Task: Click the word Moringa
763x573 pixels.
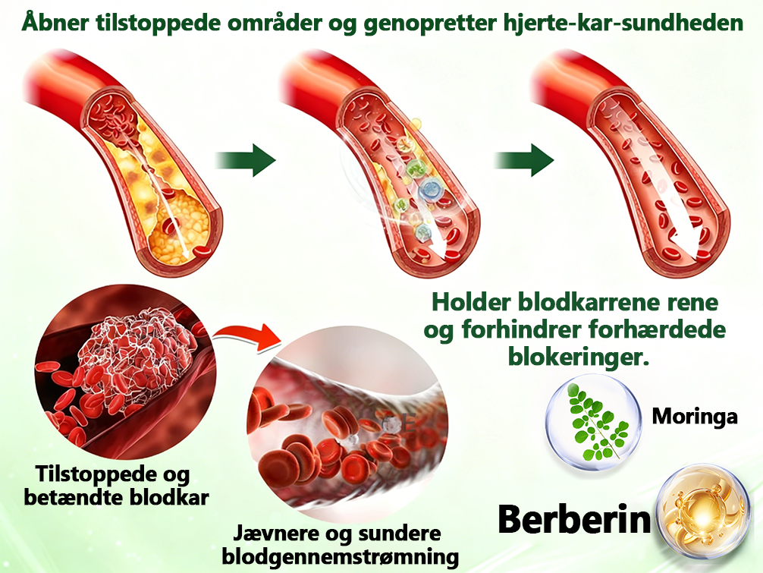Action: tap(695, 417)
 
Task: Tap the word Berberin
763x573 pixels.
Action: tap(574, 519)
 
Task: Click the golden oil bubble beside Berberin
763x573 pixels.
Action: tap(702, 512)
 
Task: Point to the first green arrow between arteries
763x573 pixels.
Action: tap(246, 159)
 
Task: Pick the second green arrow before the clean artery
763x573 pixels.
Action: tap(524, 159)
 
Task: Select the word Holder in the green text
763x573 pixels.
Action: tap(471, 302)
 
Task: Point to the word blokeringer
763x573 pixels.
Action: tap(579, 357)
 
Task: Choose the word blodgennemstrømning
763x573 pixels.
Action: tap(340, 557)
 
